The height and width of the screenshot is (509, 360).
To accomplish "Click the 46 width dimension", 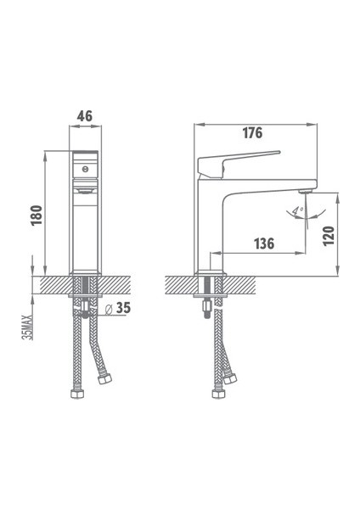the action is point(85,116).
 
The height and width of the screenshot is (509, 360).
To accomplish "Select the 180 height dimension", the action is point(37,215).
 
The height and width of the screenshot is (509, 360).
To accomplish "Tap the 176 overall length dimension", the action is point(252,133).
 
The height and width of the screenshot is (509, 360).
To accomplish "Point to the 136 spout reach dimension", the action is point(264,243).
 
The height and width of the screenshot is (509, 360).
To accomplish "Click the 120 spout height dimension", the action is point(329,236).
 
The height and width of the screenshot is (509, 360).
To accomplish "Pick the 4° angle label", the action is point(298,211).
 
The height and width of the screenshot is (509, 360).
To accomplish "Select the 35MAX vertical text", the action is point(27,327).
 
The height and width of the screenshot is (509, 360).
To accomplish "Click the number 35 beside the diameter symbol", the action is point(123,308).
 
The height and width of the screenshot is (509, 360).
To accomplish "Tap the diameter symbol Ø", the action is point(109,310).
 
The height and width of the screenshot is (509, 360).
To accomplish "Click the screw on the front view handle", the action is point(85,169).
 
